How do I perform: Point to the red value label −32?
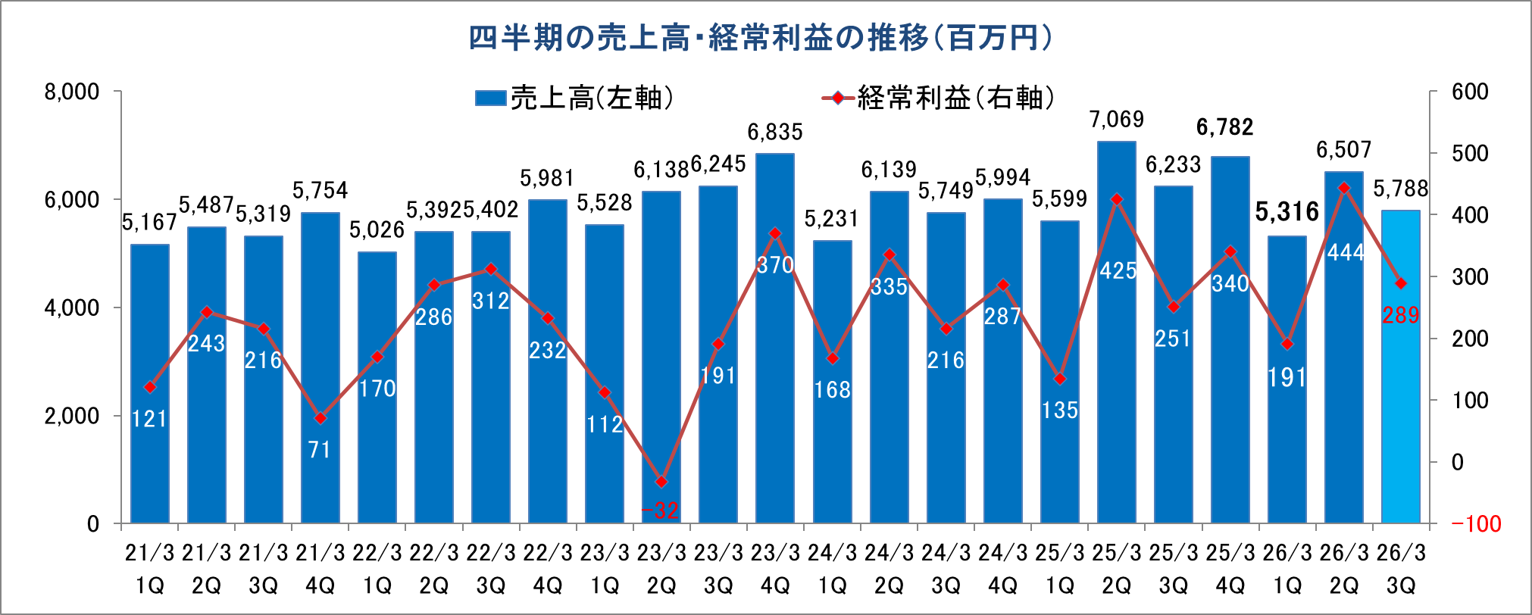[x=661, y=510]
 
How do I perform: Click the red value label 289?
[x=1400, y=315]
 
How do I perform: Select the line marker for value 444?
[x=1344, y=188]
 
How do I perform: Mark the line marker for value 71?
[x=320, y=418]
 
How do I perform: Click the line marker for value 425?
[x=1116, y=199]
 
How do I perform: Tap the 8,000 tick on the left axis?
[x=72, y=92]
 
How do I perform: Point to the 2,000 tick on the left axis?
[x=72, y=416]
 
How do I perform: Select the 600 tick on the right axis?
[x=1470, y=92]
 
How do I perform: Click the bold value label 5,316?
[x=1287, y=212]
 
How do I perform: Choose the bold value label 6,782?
[x=1224, y=127]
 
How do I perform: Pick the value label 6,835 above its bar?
[x=775, y=133]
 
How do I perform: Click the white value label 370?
[x=775, y=265]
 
